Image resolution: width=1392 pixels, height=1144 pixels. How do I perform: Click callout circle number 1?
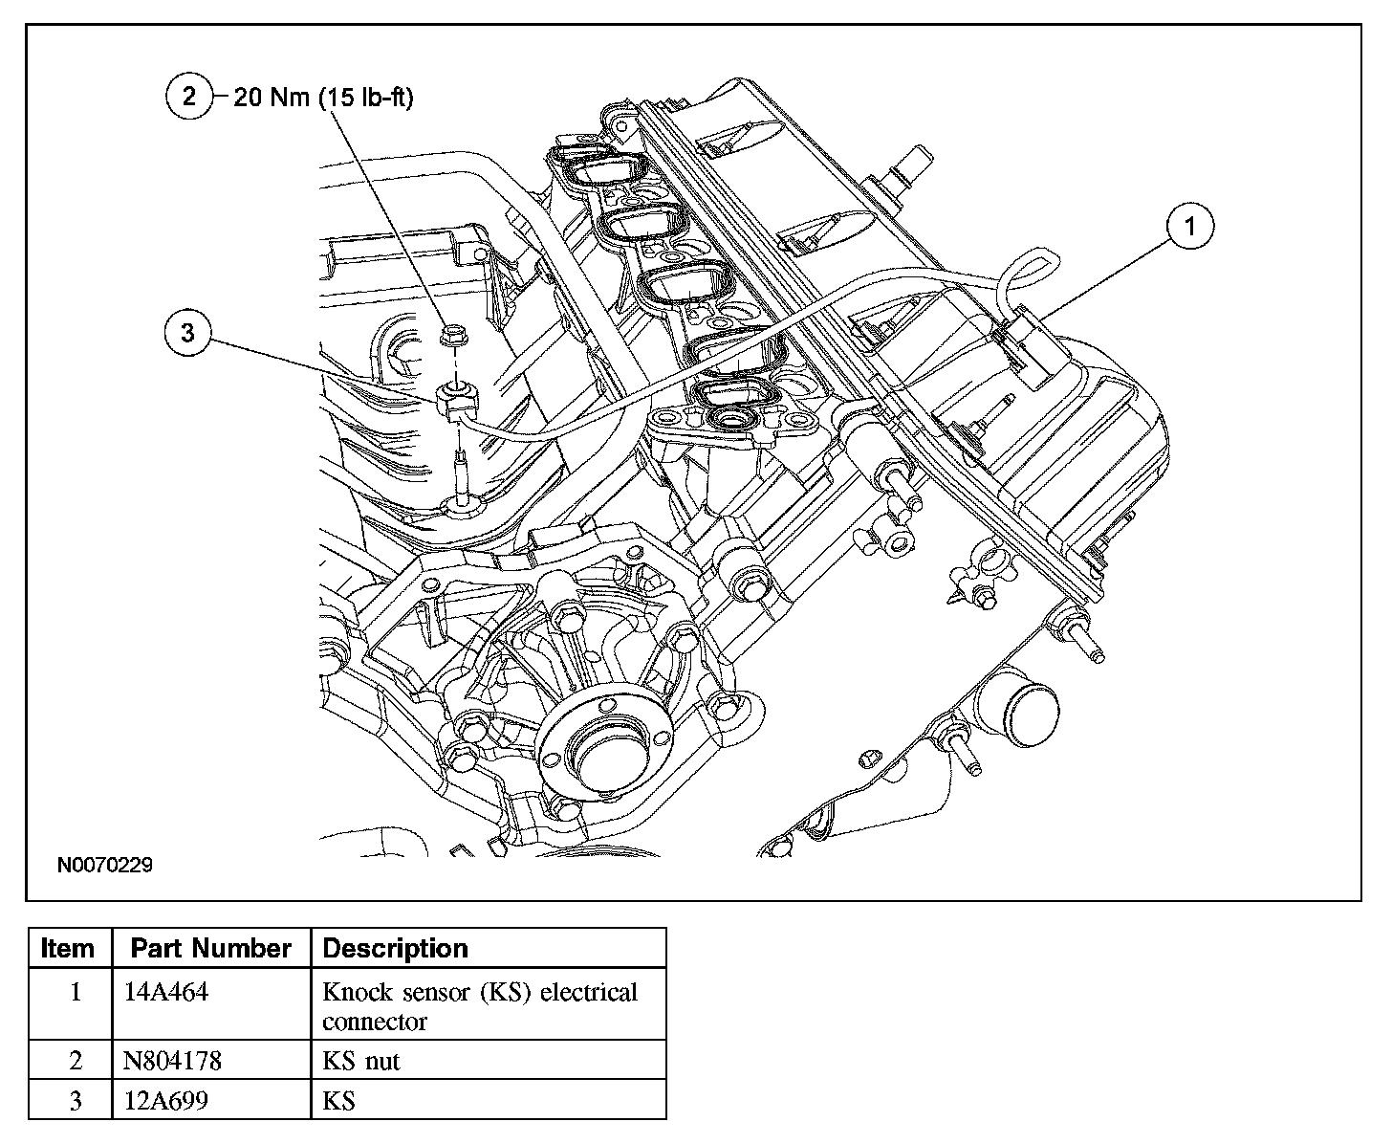[1189, 227]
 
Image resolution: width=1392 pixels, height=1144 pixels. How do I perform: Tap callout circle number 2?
[188, 97]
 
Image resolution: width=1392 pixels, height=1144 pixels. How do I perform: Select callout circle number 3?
[187, 333]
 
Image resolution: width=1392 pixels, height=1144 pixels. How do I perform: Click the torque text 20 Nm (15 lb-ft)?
[323, 98]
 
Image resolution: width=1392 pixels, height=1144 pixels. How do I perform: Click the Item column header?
[69, 949]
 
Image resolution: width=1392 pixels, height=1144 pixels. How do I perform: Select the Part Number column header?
[210, 949]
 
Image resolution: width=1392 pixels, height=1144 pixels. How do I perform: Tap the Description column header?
[396, 949]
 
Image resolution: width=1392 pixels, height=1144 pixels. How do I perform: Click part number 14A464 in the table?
[167, 992]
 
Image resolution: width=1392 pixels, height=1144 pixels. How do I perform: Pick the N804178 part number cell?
[173, 1061]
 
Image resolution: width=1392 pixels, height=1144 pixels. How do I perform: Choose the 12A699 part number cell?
[166, 1101]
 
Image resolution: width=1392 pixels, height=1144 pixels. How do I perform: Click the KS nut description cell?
[361, 1061]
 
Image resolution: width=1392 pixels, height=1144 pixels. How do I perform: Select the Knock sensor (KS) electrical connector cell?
[479, 1005]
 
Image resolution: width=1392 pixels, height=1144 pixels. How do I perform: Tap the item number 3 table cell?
[76, 1101]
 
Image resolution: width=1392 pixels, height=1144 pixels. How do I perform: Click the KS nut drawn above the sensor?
[451, 335]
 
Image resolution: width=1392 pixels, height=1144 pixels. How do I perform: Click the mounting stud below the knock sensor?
[462, 475]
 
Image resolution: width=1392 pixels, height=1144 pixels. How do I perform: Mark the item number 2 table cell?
[76, 1061]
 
